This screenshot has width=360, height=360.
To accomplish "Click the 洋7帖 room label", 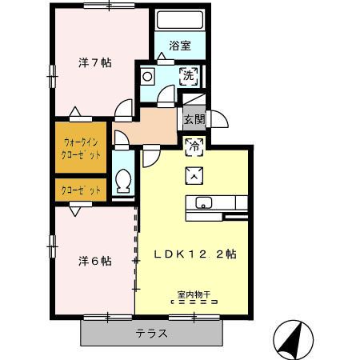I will [94, 63].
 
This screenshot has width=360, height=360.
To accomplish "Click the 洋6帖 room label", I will [94, 262].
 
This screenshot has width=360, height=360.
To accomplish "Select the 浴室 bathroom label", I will [180, 46].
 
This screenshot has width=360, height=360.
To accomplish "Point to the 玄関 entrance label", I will [194, 120].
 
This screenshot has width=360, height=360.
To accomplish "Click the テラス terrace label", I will [150, 334].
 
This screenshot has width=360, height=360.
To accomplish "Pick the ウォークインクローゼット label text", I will [81, 148].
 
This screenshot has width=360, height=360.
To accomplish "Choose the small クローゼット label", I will [81, 191].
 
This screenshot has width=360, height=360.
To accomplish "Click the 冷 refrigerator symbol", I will [193, 146].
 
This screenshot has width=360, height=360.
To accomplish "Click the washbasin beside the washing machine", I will [148, 77].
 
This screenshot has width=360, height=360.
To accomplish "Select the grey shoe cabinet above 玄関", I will [194, 102].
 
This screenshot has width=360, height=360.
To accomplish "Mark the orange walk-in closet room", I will [81, 148].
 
